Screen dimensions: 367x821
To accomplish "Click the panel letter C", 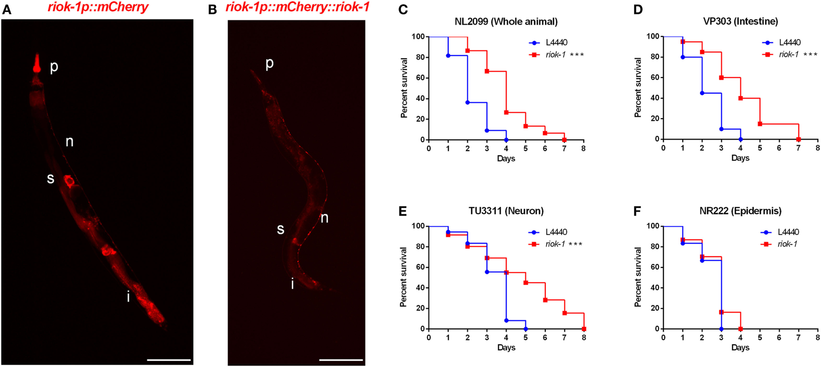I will point(403,9).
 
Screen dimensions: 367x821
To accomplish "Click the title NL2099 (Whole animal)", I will point(506,21).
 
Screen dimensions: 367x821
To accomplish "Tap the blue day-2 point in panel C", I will point(467,102).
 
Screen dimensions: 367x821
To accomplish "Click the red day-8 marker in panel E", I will point(584,329).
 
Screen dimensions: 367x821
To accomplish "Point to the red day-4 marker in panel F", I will point(740,329).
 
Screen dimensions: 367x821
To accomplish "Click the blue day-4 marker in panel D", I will point(740,139).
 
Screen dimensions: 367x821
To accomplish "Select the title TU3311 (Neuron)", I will point(506,211).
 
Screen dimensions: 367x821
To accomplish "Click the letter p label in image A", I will point(54,67).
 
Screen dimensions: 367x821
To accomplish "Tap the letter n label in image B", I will point(324,218).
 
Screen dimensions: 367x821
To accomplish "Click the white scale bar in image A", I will point(169,360).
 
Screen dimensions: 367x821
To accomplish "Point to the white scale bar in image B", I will point(341,360).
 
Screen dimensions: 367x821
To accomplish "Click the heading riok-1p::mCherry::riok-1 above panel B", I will point(297,7).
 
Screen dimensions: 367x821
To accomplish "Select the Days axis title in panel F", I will point(740,348).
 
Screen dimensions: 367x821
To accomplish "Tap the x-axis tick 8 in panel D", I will point(818,148).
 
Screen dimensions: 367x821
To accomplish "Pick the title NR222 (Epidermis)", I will point(740,211).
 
